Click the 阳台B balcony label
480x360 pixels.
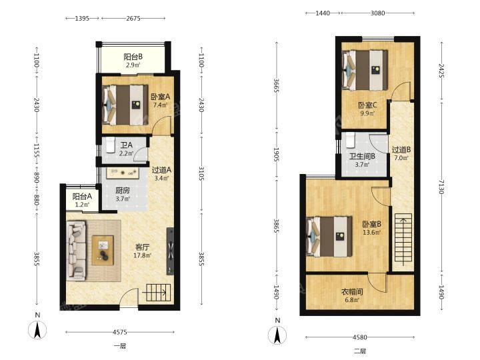tap(133, 57)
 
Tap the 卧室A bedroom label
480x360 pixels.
tap(161, 97)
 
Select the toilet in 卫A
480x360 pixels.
tap(110, 145)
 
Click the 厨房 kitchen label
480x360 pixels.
tap(123, 191)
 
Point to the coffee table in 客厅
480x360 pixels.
tap(103, 250)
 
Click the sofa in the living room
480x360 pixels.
tap(76, 251)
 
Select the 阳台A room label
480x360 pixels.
tap(82, 197)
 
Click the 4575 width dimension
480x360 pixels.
tap(120, 332)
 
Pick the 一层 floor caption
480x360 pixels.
tap(120, 346)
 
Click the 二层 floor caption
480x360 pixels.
tap(360, 351)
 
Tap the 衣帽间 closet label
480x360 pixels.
tap(352, 292)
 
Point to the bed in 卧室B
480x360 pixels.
tap(329, 236)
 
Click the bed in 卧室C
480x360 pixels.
tap(365, 70)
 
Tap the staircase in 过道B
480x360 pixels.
tap(403, 240)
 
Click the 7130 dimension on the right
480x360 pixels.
tap(441, 187)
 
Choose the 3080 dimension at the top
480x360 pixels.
tap(378, 13)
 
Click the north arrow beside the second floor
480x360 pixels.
tap(277, 335)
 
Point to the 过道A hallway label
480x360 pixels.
tap(161, 169)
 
